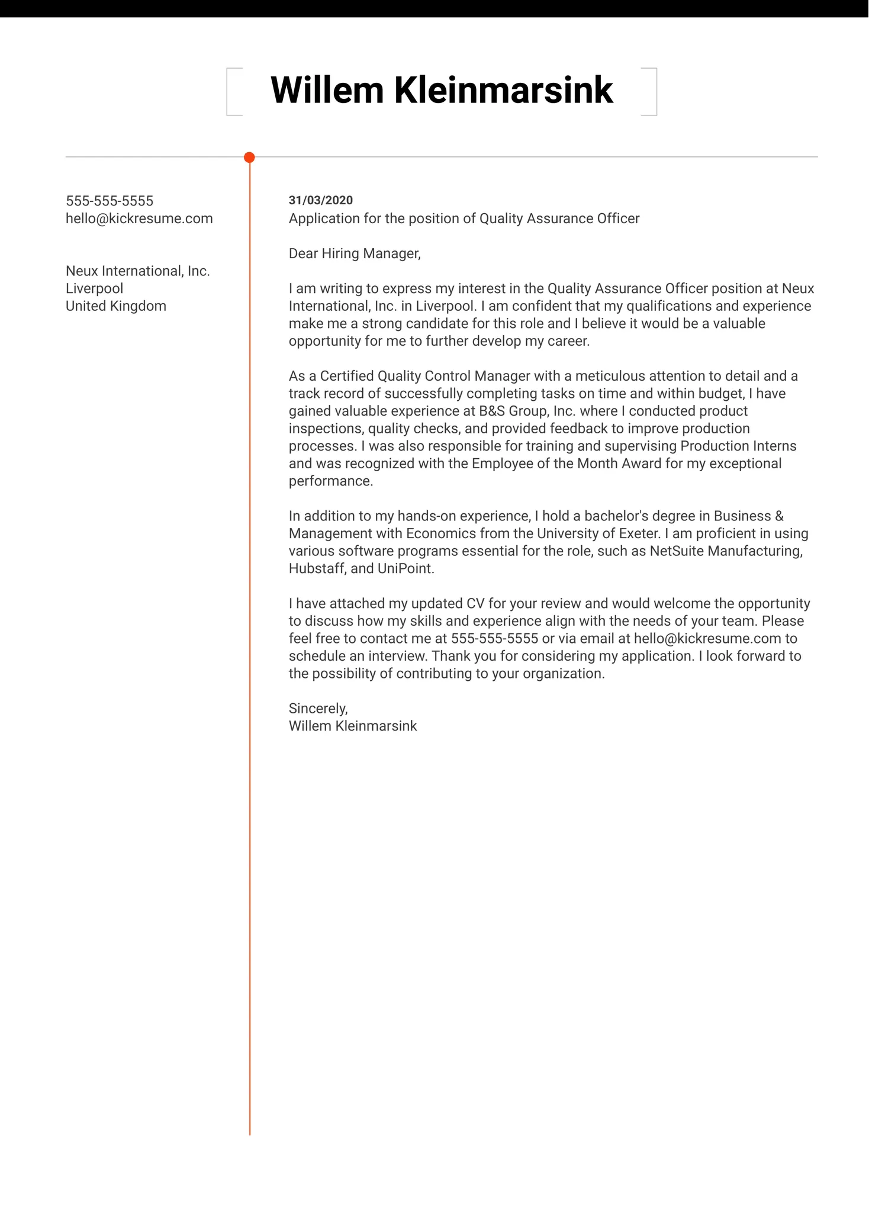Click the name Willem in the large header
pyautogui.click(x=327, y=91)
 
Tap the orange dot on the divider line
pyautogui.click(x=249, y=157)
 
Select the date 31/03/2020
pyautogui.click(x=320, y=200)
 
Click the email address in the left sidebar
pyautogui.click(x=139, y=218)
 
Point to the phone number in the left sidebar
pyautogui.click(x=110, y=201)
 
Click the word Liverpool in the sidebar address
pyautogui.click(x=95, y=288)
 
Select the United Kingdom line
pyautogui.click(x=116, y=306)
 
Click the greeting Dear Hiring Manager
pyautogui.click(x=355, y=253)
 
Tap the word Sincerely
pyautogui.click(x=318, y=709)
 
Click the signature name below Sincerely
pyautogui.click(x=353, y=726)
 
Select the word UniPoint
pyautogui.click(x=405, y=569)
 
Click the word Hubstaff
pyautogui.click(x=317, y=569)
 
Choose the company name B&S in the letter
pyautogui.click(x=492, y=411)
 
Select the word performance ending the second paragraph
pyautogui.click(x=330, y=481)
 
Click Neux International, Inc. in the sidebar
pyautogui.click(x=138, y=271)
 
